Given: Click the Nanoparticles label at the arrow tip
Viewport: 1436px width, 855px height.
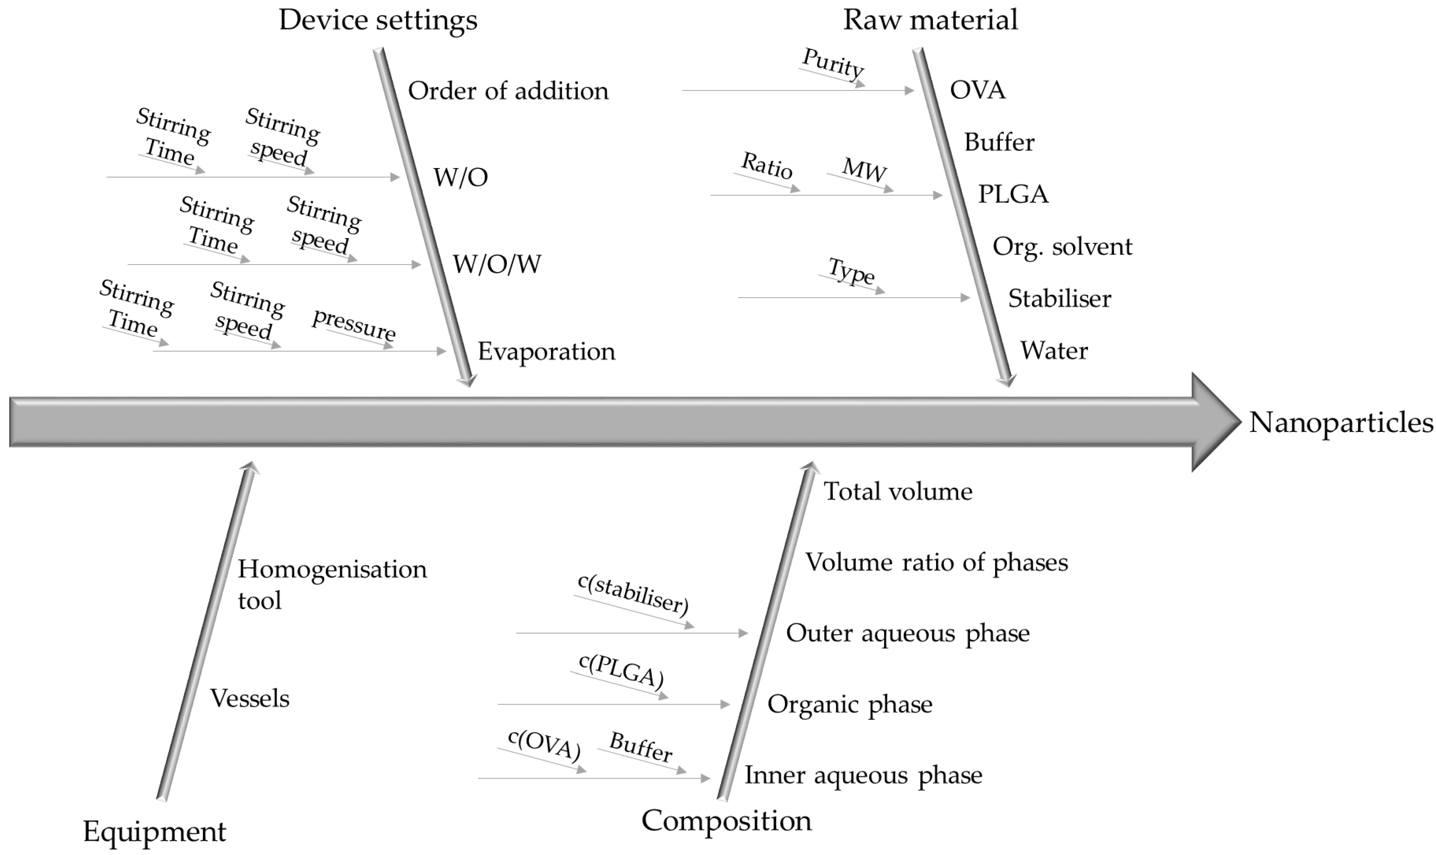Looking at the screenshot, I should (1341, 422).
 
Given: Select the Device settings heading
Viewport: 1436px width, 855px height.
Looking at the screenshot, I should (378, 20).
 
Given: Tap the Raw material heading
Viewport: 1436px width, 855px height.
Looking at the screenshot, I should (930, 20).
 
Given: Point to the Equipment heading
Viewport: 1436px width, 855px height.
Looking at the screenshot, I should (154, 831).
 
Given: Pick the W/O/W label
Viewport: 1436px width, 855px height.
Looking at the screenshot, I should (497, 265).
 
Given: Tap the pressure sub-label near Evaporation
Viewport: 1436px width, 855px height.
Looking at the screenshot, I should (354, 325).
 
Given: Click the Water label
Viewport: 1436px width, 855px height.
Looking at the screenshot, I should (1054, 351).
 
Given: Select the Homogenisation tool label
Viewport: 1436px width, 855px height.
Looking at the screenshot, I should (332, 585).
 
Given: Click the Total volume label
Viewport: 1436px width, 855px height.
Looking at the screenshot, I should (898, 491).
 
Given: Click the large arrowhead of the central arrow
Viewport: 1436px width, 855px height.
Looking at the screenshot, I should (1213, 422).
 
